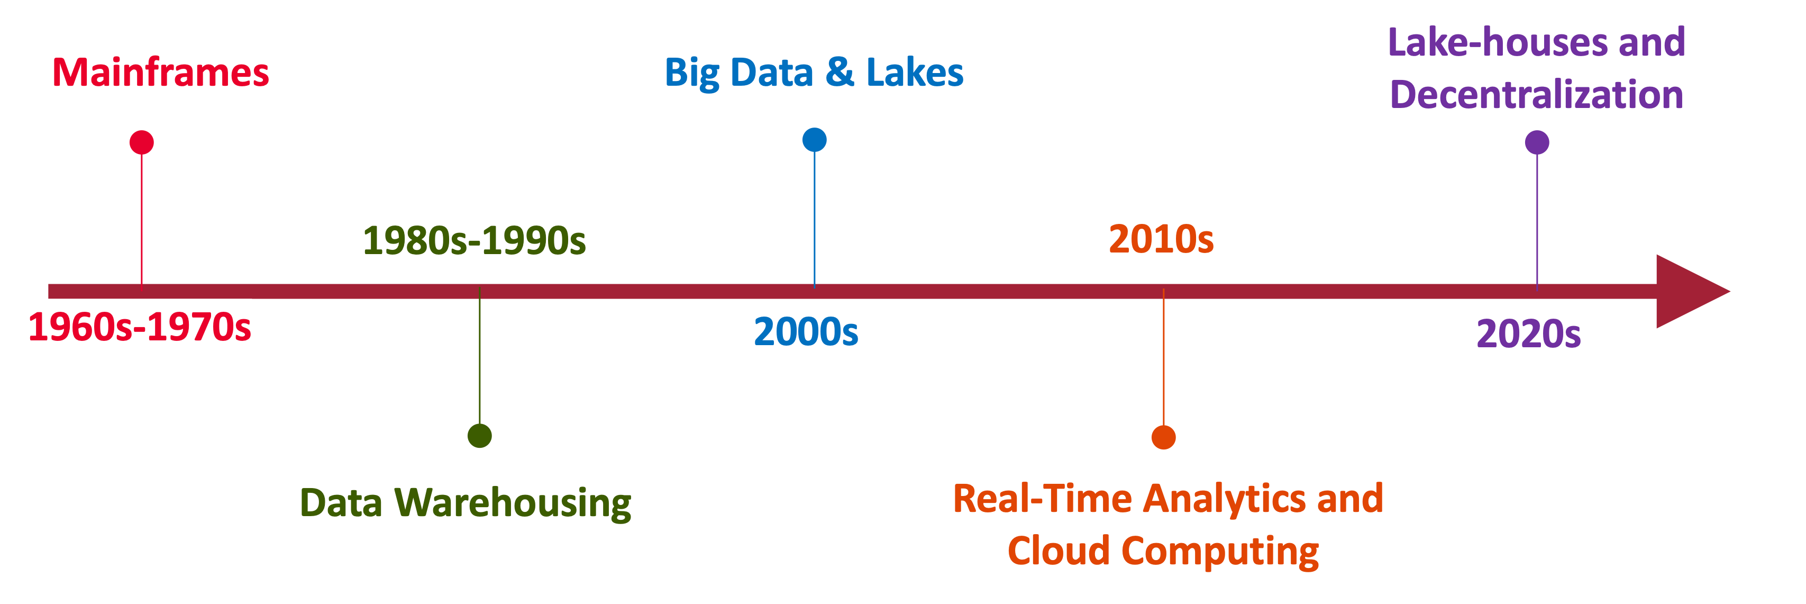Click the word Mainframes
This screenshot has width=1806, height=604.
tap(160, 72)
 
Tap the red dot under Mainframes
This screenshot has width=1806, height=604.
tap(142, 142)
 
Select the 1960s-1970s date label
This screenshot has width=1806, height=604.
tap(140, 328)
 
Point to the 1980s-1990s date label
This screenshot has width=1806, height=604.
tap(474, 241)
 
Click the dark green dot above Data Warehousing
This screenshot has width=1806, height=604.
tap(480, 436)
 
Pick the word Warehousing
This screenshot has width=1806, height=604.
tap(513, 503)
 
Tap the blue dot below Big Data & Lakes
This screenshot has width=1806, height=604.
tap(814, 140)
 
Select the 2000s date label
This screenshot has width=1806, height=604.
tap(806, 332)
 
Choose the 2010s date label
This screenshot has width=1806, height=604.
tap(1161, 239)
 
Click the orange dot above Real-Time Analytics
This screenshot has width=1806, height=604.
tap(1163, 437)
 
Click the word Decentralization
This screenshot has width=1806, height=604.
tap(1536, 94)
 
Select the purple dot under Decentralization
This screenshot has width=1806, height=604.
tap(1537, 142)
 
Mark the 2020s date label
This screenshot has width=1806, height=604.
tap(1528, 334)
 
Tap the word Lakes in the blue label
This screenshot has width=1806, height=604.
tap(915, 72)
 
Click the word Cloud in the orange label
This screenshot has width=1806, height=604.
tap(1059, 551)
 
